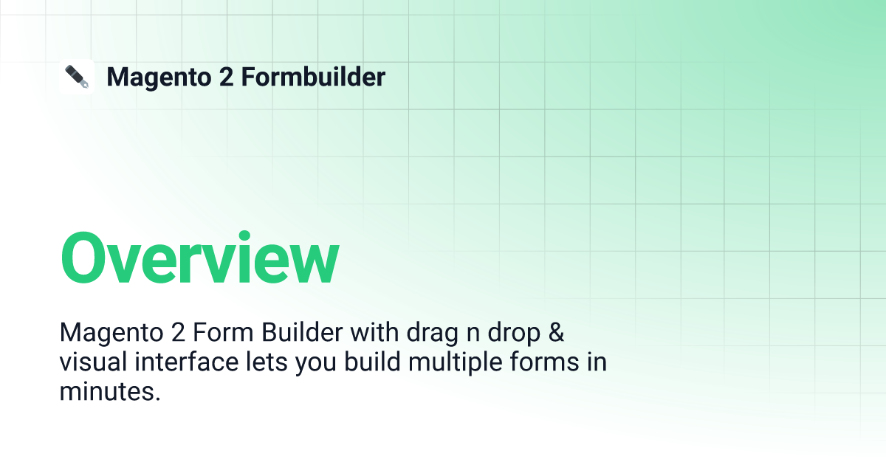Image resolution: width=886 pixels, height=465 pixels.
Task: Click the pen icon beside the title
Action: click(77, 77)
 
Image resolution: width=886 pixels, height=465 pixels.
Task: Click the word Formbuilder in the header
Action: click(313, 76)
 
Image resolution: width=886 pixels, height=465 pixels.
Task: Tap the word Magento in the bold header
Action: click(159, 77)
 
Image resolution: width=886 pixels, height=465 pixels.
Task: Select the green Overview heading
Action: click(200, 258)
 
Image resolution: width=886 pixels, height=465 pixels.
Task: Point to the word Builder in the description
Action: click(302, 332)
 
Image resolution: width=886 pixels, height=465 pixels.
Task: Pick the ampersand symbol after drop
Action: click(556, 332)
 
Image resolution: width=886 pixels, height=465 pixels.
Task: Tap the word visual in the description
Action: click(93, 362)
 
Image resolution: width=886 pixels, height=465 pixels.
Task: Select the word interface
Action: click(187, 362)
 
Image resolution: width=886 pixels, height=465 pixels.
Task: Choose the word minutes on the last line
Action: click(107, 391)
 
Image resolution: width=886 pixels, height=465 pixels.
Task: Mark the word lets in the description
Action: click(267, 362)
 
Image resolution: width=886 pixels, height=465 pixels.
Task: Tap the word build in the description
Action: click(372, 362)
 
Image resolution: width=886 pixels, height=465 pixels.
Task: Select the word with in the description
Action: click(374, 332)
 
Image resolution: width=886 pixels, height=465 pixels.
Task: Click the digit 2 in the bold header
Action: click(226, 77)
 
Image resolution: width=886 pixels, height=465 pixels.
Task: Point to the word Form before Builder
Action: click(223, 332)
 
